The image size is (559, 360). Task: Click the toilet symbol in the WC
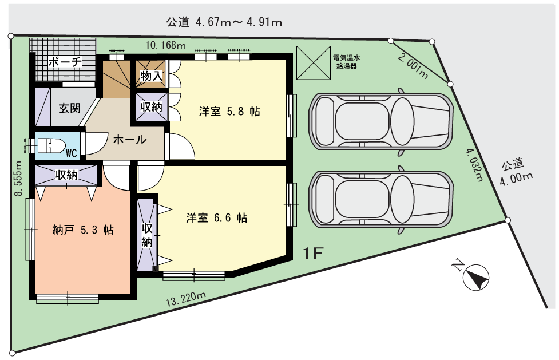click(x=51, y=145)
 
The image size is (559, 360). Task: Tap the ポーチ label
click(x=65, y=62)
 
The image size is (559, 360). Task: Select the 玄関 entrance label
click(x=70, y=108)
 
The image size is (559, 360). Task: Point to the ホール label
click(x=130, y=140)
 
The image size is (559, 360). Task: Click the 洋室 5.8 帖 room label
click(x=229, y=111)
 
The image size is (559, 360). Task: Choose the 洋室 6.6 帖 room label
click(x=216, y=217)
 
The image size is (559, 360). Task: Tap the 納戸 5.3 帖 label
click(x=83, y=230)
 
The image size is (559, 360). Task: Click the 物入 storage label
click(x=152, y=76)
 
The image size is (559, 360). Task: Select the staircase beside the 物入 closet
click(x=117, y=79)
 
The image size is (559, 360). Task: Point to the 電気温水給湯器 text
click(x=347, y=62)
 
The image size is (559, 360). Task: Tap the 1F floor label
click(x=314, y=254)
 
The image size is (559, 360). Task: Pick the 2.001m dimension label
click(x=413, y=66)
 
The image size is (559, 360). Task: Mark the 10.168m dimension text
click(x=166, y=45)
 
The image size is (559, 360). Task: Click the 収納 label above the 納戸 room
click(x=67, y=175)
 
